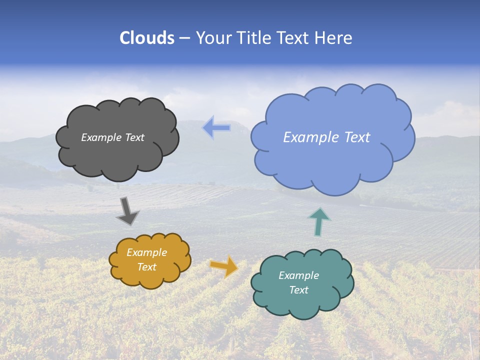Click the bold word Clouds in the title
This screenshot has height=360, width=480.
(147, 38)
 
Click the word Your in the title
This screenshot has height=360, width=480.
(213, 38)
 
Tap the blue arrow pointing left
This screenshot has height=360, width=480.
(216, 127)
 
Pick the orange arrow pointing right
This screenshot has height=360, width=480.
(224, 266)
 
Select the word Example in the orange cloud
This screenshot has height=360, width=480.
(147, 253)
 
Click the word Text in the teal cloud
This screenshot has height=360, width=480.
(299, 290)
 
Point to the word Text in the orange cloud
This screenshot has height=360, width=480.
(147, 267)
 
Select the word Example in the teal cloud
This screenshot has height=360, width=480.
(299, 275)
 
